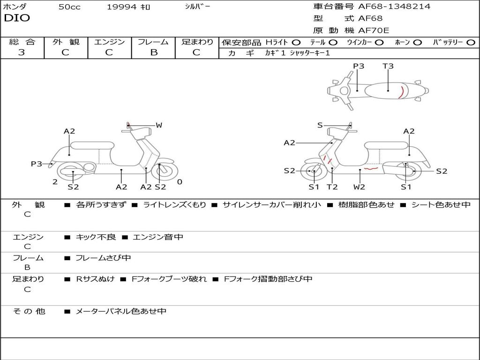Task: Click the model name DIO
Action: (17, 18)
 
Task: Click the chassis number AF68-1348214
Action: (394, 6)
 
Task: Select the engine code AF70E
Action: (374, 30)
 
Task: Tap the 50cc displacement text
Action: (69, 7)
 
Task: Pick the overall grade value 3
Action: (22, 52)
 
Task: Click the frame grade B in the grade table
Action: (154, 52)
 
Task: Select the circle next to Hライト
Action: (296, 43)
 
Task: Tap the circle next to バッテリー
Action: (471, 43)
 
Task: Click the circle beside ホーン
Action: (417, 43)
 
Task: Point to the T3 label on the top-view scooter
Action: (388, 66)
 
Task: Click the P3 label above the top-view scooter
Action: (359, 66)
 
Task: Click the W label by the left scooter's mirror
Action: (159, 125)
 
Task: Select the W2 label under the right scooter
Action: (359, 187)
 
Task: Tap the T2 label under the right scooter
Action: (332, 187)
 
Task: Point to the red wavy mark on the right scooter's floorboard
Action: (371, 168)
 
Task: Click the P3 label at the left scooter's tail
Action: (37, 164)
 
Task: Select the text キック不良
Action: (96, 237)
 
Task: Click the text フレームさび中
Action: (103, 258)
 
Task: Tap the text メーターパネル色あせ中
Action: (121, 311)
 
